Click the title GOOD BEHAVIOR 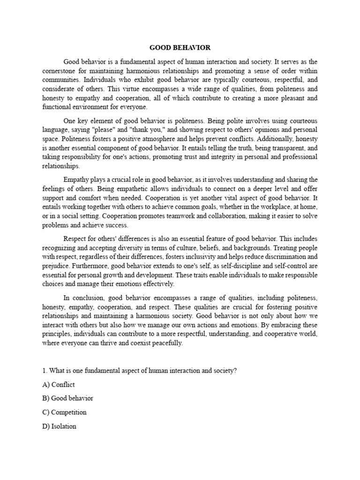tap(180, 48)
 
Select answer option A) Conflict tap(59, 384)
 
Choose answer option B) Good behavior tap(67, 398)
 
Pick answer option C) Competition tap(64, 412)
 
